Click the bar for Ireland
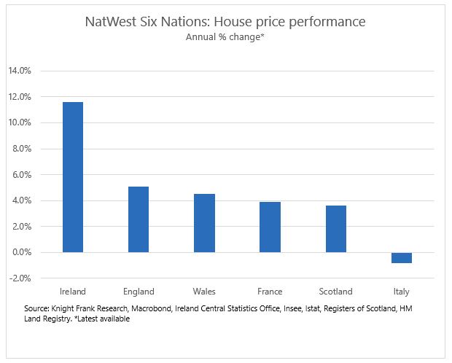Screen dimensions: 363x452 pos(73,177)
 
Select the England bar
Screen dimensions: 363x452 pos(139,219)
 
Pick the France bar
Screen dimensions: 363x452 pos(270,227)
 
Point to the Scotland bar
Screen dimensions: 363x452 pos(335,229)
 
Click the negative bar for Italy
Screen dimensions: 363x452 pos(401,258)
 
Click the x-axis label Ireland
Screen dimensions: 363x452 pos(73,292)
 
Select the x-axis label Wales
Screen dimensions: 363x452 pos(204,292)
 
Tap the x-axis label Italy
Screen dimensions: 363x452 pos(401,292)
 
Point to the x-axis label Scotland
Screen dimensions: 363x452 pos(335,292)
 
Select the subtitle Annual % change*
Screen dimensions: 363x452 pos(225,38)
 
